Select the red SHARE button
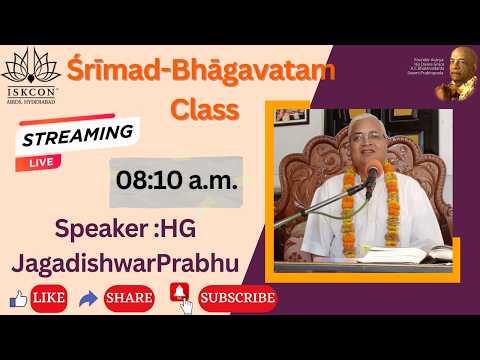[130, 297]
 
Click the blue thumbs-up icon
[17, 298]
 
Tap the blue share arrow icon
[89, 298]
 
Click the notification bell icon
[180, 295]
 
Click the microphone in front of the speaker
[372, 178]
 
